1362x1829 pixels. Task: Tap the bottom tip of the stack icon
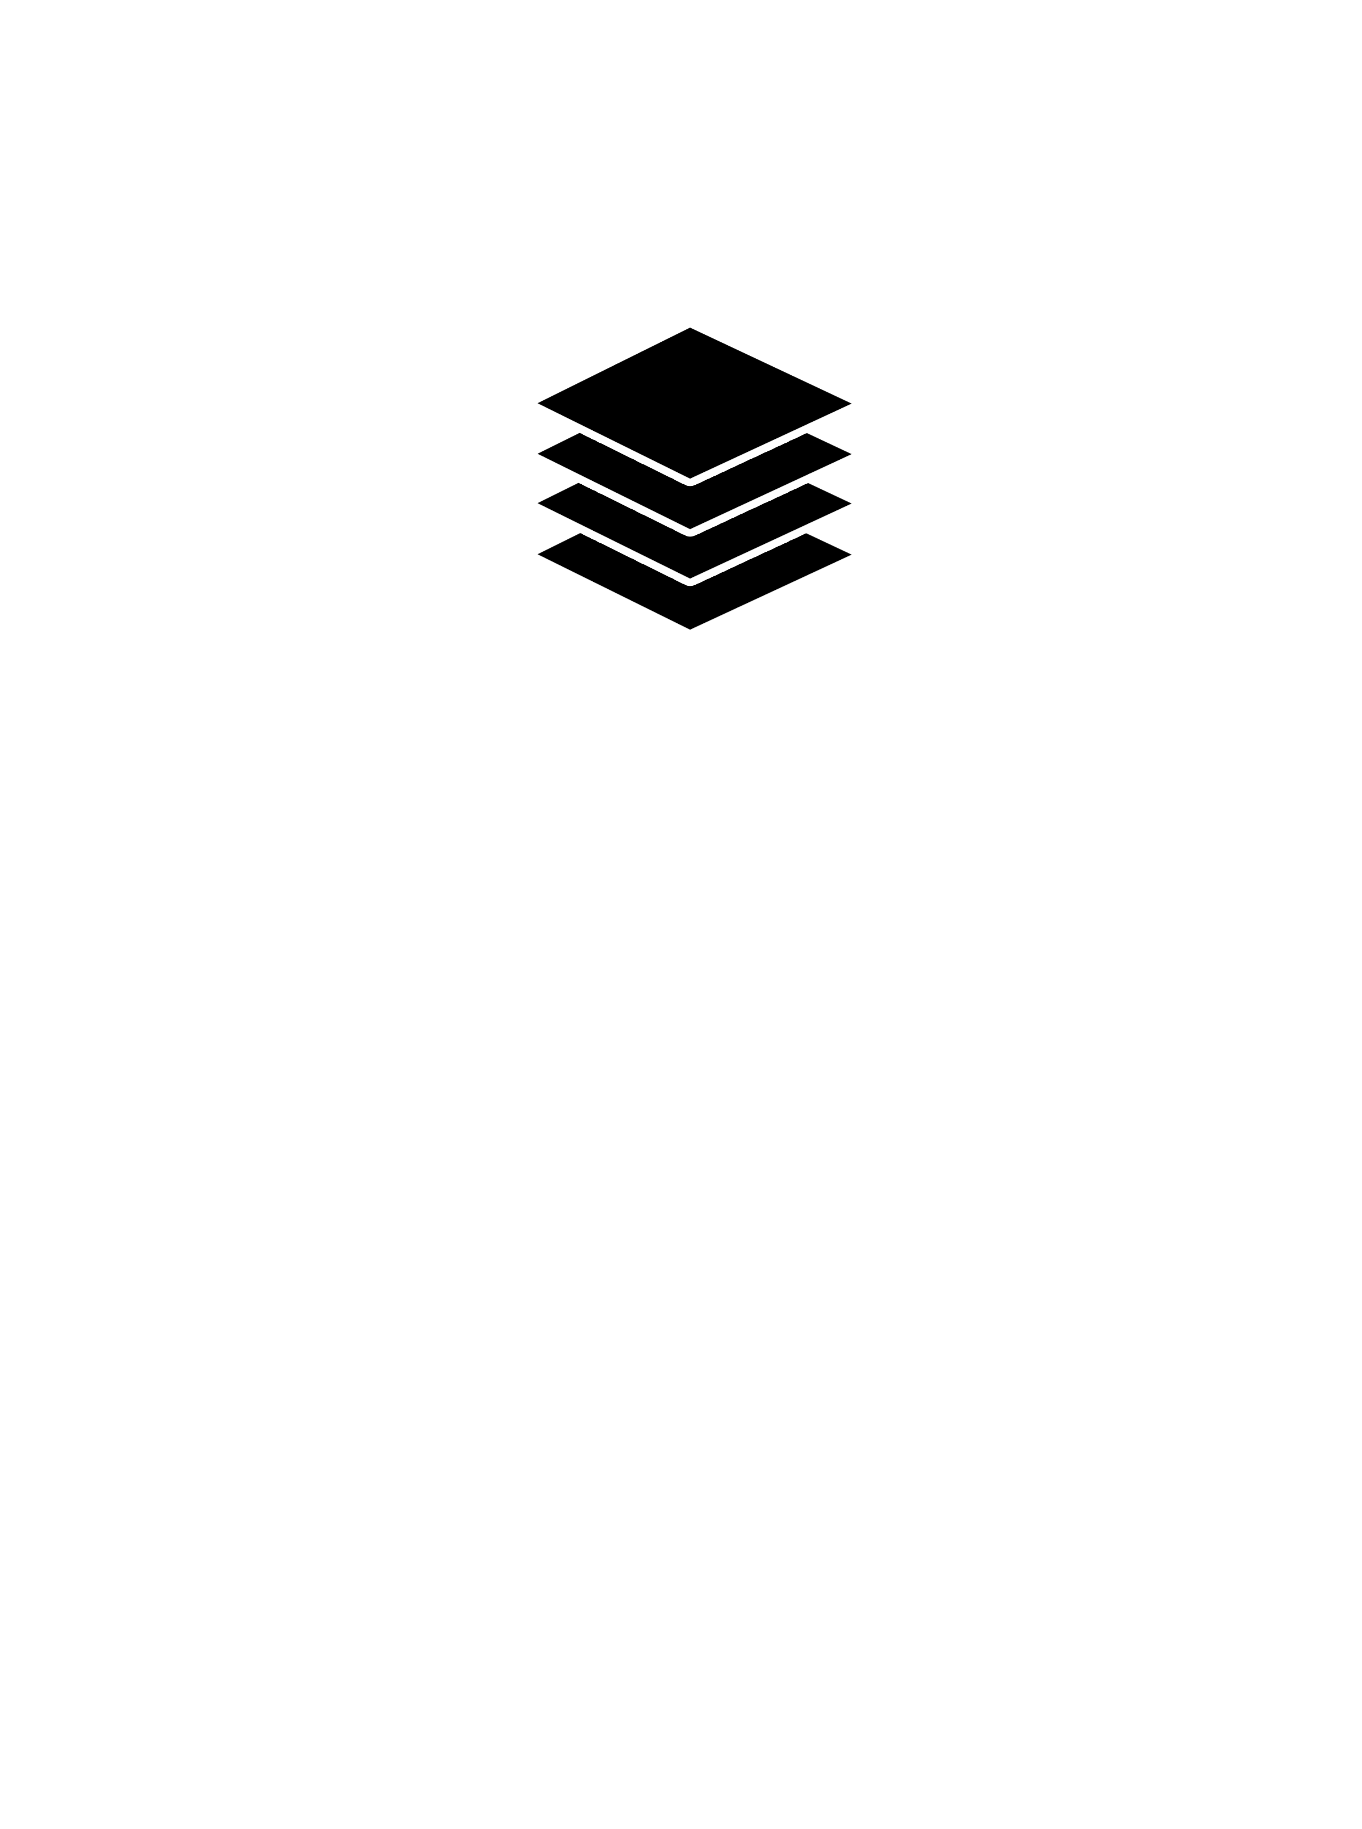pyautogui.click(x=691, y=632)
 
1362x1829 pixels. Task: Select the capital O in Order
pyautogui.click(x=848, y=845)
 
